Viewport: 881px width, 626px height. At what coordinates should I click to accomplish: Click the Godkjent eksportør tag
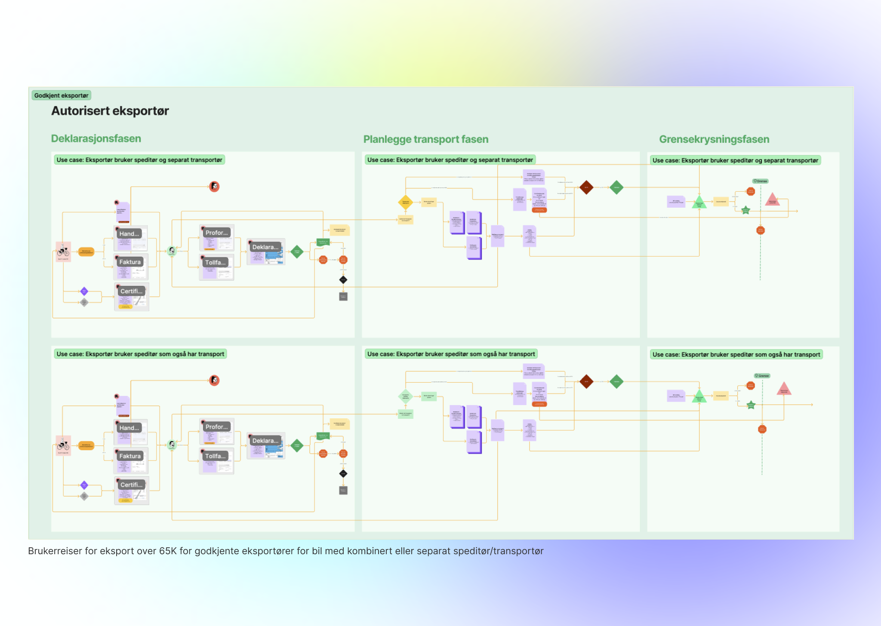click(x=61, y=95)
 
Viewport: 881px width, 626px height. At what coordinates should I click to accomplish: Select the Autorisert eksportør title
click(x=110, y=111)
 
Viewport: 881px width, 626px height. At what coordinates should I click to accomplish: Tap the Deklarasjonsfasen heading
click(x=96, y=138)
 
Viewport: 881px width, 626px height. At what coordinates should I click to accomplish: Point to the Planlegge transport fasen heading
click(x=426, y=139)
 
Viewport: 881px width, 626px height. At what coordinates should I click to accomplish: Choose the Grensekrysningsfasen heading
click(x=714, y=139)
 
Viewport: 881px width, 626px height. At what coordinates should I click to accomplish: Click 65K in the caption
click(x=168, y=551)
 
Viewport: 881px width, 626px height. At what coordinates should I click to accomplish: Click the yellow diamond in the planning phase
click(x=406, y=202)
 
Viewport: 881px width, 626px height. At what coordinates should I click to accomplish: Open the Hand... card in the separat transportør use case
click(x=129, y=234)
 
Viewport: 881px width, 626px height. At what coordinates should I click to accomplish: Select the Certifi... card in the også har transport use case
click(x=131, y=485)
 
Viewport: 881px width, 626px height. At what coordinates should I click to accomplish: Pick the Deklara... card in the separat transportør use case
click(x=265, y=247)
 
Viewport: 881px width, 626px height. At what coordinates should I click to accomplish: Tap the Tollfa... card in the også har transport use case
click(x=216, y=456)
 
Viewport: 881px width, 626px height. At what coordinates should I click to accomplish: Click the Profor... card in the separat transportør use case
click(x=216, y=233)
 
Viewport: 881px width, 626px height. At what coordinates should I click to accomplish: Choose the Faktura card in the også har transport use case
click(x=130, y=456)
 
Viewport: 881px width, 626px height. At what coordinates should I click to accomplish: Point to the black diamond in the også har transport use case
click(x=343, y=474)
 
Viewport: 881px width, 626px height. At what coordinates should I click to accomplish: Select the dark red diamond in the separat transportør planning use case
click(x=586, y=187)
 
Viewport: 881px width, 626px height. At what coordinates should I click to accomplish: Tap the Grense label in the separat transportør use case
click(x=761, y=181)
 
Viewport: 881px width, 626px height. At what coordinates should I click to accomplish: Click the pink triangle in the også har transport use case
click(x=784, y=389)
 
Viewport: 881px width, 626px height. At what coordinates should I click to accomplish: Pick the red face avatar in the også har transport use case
click(x=214, y=381)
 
